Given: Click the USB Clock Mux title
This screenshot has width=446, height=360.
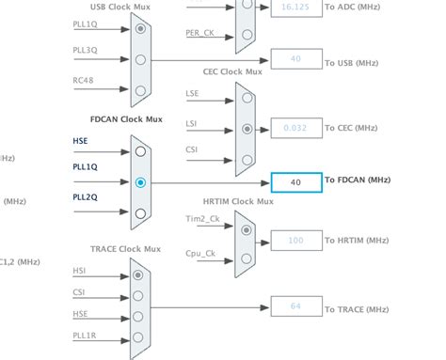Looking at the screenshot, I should [121, 8].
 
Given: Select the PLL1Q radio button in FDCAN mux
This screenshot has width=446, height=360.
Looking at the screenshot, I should [140, 182].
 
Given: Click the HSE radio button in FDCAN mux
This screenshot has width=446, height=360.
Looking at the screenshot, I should [140, 150].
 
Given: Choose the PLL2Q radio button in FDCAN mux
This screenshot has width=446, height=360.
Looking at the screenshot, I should [140, 213].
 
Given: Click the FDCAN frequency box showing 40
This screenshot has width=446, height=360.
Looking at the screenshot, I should [295, 182].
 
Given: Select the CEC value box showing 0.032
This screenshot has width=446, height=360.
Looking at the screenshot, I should [295, 127].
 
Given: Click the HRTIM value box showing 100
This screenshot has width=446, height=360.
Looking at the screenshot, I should [295, 241].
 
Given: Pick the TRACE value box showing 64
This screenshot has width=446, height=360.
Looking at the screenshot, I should [295, 306].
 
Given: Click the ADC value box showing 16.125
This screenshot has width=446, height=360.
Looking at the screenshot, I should [295, 7].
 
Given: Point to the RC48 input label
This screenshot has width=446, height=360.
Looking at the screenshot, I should [83, 79].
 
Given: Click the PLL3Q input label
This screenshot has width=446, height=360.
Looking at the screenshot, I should [85, 49].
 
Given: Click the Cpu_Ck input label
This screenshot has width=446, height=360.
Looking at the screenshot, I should [200, 253].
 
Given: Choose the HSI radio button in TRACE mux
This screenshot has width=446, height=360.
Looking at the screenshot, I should [140, 274].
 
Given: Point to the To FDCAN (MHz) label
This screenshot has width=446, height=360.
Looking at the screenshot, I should [357, 180].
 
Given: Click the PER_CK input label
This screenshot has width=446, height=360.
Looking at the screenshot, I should [199, 32].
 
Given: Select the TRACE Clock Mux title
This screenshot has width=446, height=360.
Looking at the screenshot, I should [125, 249].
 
